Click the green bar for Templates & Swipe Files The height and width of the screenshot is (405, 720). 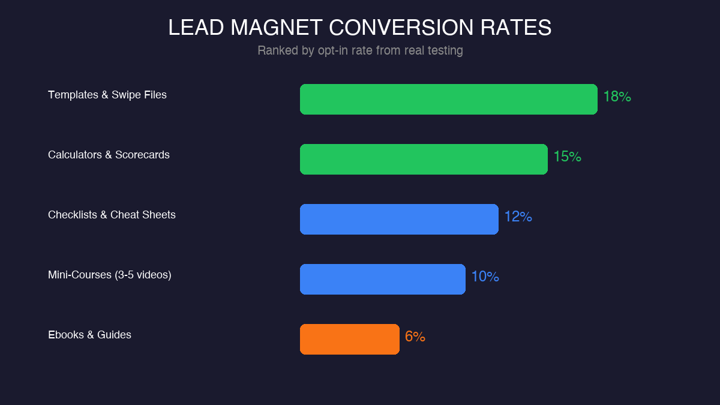click(449, 99)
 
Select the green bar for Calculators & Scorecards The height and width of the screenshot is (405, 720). click(424, 159)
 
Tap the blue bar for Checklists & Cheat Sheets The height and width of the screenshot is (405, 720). click(399, 219)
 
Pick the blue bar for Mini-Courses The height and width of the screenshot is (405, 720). click(383, 279)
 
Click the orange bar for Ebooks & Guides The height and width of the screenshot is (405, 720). click(350, 339)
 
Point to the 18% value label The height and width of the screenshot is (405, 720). click(617, 97)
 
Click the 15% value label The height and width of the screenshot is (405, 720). click(567, 157)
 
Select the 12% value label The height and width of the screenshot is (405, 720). click(518, 217)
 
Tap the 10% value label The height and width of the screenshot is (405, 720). click(485, 277)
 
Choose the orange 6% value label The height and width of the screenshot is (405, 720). click(415, 337)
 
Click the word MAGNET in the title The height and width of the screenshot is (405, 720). click(277, 28)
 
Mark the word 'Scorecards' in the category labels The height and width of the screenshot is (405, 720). click(142, 155)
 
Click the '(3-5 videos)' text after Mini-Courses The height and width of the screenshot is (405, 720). click(143, 275)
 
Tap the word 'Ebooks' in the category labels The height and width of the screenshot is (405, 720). click(66, 335)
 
